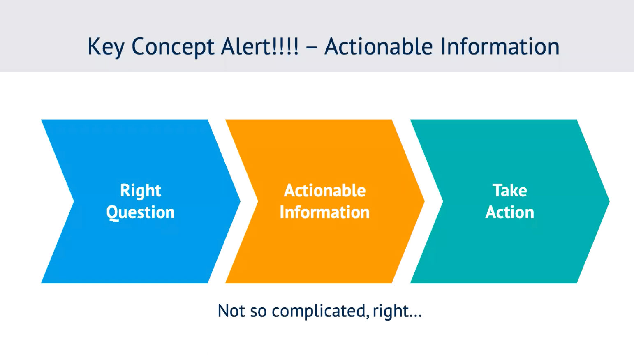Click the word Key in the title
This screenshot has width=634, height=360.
coord(106,47)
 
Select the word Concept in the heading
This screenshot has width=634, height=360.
coord(173,47)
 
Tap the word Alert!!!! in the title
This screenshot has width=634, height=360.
coord(259,46)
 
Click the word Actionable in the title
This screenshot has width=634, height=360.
coord(379,46)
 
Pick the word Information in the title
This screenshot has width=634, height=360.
coord(500,46)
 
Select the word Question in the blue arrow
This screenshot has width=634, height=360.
coord(140,213)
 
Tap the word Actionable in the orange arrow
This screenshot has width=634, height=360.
coord(325,190)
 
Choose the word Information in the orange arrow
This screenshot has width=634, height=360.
coord(325,212)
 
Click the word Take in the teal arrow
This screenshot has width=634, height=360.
coord(510,190)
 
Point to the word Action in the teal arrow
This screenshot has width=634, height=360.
coord(510,212)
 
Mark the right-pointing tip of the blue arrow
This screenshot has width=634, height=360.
coord(240,201)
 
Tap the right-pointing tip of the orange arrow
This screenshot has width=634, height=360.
coord(425,201)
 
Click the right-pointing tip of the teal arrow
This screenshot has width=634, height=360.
coord(609,201)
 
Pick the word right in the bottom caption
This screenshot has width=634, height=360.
coord(391,312)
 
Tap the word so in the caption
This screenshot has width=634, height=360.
coord(259,312)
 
